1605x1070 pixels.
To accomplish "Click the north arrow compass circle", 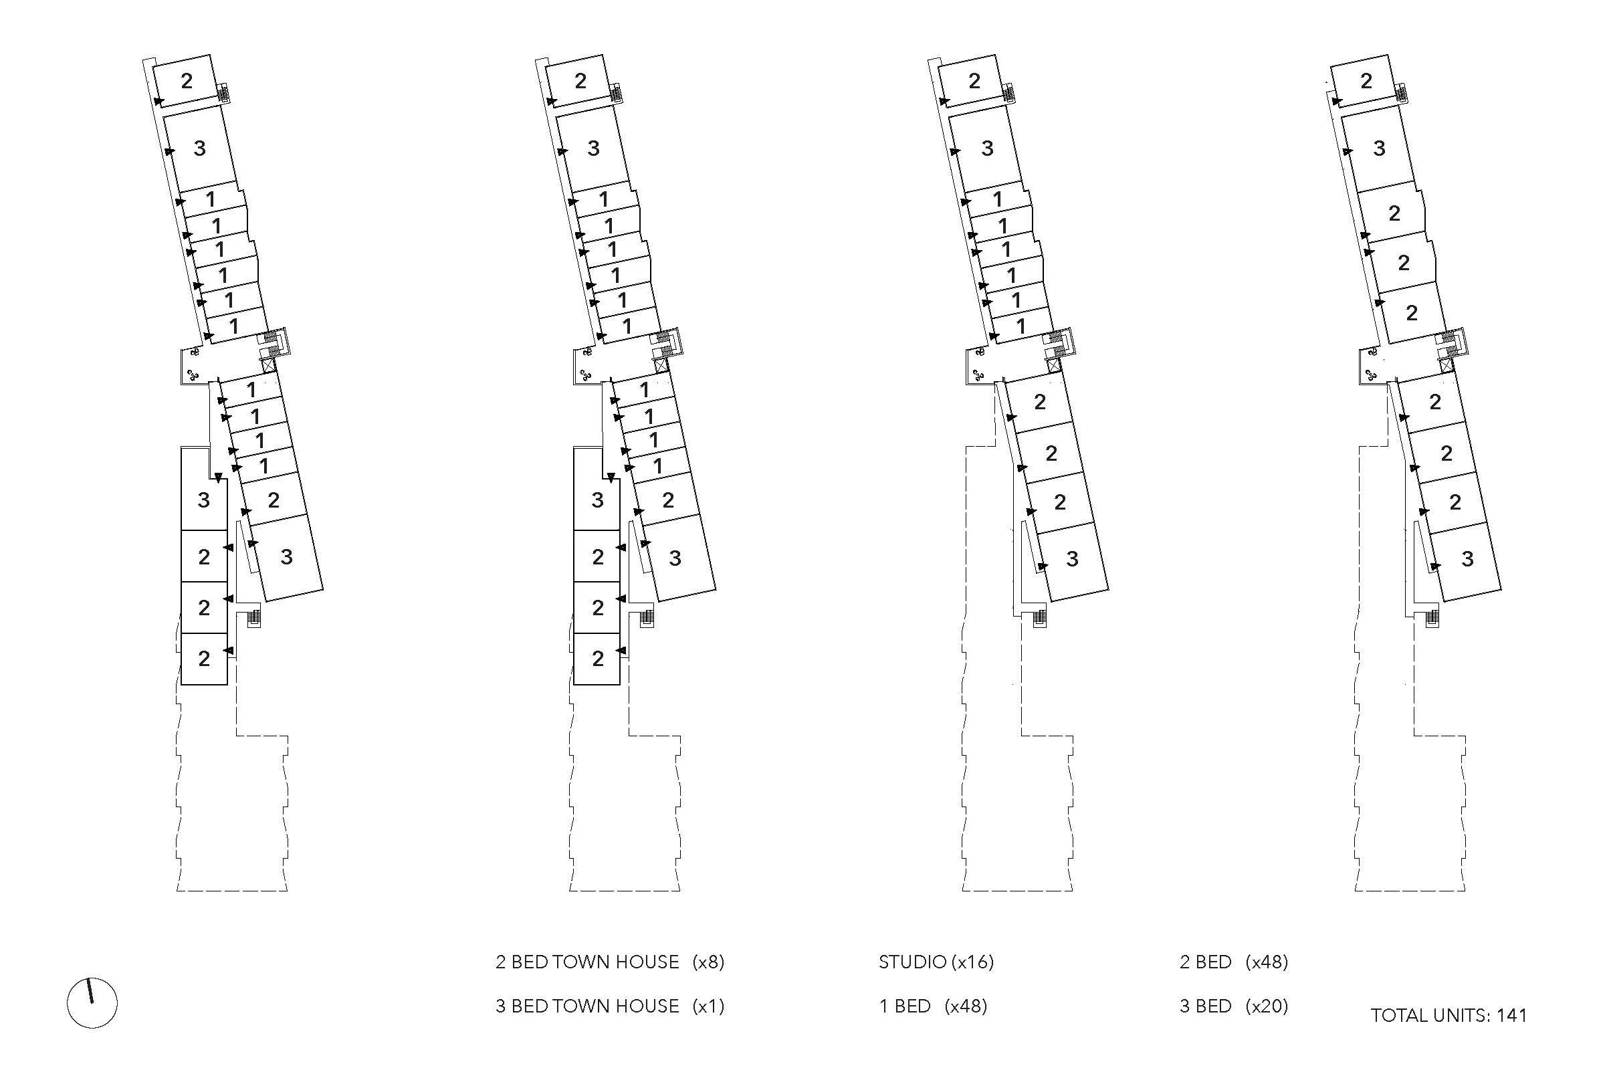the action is click(x=92, y=1002).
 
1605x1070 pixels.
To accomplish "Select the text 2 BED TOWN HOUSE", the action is click(x=587, y=962).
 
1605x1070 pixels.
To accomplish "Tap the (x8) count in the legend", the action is click(x=708, y=962).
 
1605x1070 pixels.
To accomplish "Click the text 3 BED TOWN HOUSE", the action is click(x=587, y=1006).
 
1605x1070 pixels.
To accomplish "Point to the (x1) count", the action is click(x=708, y=1006).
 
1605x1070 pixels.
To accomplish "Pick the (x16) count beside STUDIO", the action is click(x=972, y=962).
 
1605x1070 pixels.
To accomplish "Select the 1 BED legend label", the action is click(x=904, y=1006).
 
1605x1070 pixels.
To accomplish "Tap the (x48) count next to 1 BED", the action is click(x=966, y=1006).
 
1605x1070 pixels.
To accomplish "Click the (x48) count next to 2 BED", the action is click(x=1267, y=962).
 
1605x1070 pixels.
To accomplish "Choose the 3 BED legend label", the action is click(x=1205, y=1006).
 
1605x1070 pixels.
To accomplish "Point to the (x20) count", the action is click(x=1267, y=1006).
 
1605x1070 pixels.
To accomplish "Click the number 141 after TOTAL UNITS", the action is click(x=1511, y=1016).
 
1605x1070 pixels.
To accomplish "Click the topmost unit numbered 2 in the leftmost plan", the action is click(x=187, y=81).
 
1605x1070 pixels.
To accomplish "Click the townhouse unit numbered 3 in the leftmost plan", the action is click(x=203, y=500).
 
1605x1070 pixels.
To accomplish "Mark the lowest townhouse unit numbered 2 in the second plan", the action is click(x=598, y=659).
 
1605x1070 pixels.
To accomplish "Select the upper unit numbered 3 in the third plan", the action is click(x=987, y=148).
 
